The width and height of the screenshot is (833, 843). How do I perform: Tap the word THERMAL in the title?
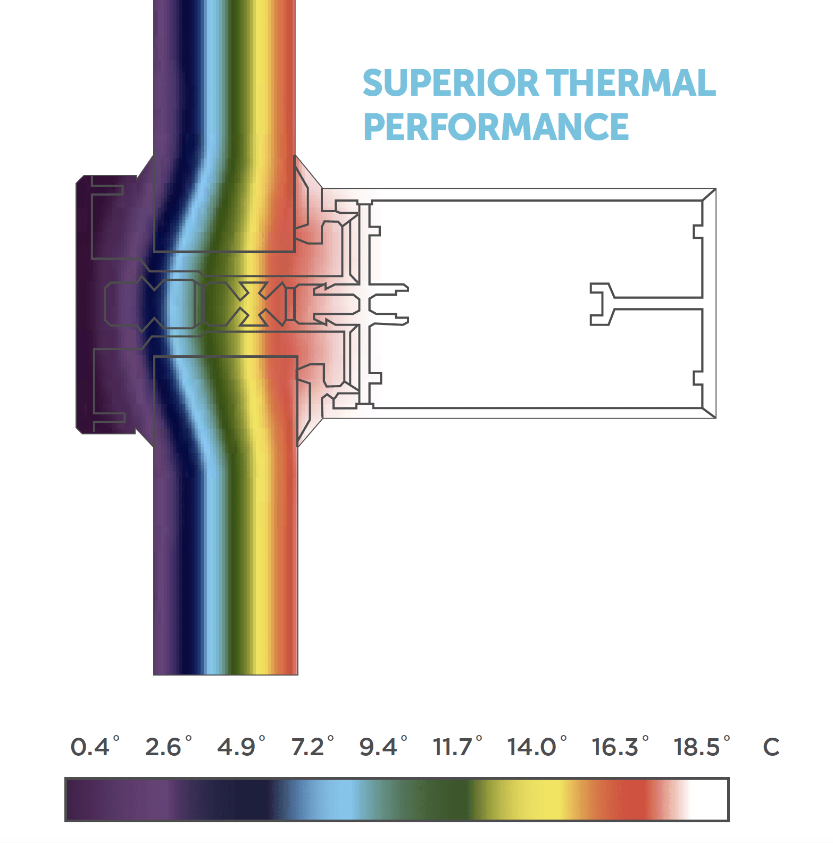[x=631, y=83]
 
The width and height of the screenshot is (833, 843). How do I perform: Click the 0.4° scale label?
[x=95, y=746]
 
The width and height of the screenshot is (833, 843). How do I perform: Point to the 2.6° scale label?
[x=168, y=746]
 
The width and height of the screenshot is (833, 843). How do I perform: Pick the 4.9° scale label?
[x=241, y=746]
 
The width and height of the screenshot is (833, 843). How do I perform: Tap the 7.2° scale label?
[x=313, y=746]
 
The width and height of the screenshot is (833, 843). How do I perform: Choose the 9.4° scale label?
[x=383, y=746]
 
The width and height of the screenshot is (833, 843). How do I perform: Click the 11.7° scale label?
[x=457, y=746]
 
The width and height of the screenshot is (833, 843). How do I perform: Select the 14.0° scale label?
[x=537, y=746]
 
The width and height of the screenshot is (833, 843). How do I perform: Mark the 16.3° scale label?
[x=620, y=746]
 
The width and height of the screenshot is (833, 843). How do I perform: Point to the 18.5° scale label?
[x=702, y=746]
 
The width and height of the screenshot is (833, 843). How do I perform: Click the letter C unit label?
[x=771, y=747]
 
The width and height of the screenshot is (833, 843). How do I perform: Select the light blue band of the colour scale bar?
[x=335, y=799]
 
